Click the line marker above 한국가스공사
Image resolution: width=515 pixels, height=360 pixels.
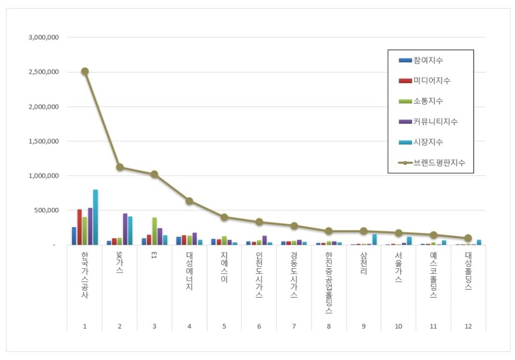point(85,71)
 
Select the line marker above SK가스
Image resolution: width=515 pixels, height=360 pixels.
point(120,167)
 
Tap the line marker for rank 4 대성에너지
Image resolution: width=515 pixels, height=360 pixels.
point(189,201)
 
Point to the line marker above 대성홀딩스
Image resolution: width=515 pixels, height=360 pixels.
point(468,238)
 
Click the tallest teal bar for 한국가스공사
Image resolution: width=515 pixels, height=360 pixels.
point(95,217)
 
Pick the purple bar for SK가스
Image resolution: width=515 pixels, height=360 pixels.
point(125,229)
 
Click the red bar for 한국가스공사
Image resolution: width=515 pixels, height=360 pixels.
point(79,227)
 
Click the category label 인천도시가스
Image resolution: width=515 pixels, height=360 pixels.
point(259,275)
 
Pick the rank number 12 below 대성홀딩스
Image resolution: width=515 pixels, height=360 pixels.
point(468,326)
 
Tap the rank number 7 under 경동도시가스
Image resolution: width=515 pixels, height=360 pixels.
point(294,326)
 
